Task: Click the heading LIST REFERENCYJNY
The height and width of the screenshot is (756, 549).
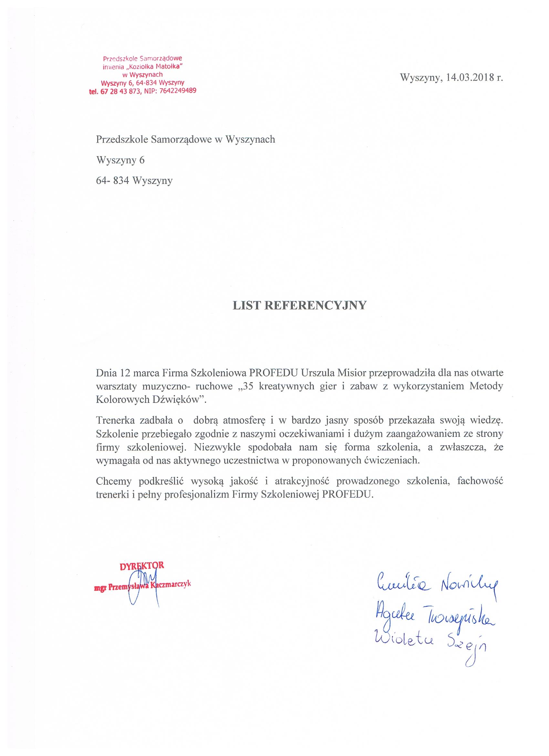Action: coord(299,305)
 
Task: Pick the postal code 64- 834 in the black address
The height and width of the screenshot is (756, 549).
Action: coord(112,181)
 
